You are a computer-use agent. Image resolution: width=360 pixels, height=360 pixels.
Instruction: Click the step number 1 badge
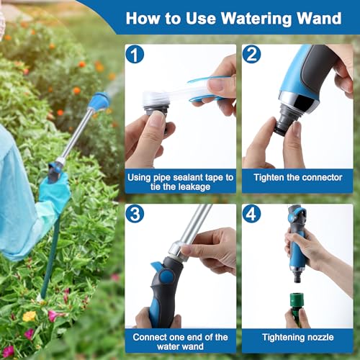135,54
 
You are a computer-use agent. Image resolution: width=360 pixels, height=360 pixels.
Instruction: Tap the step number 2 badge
251,54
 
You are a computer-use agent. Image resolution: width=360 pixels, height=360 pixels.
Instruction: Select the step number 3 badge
135,213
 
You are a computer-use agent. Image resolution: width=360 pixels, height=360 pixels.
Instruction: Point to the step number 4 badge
251,213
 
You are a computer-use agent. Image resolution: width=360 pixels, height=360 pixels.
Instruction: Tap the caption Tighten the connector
297,176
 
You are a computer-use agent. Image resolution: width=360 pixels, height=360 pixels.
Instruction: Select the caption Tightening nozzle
297,336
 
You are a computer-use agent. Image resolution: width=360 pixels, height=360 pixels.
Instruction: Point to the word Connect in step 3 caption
153,336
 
